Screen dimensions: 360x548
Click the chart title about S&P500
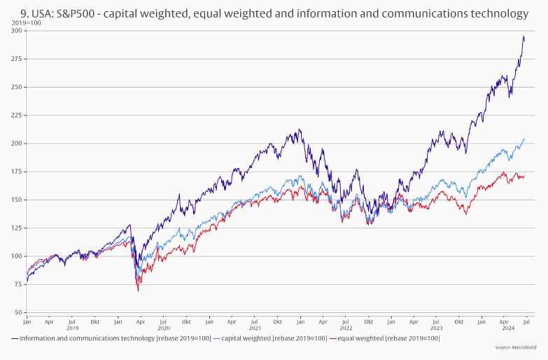click(x=274, y=13)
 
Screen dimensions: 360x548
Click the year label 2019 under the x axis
click(x=72, y=328)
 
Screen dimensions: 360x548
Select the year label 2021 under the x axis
click(x=255, y=328)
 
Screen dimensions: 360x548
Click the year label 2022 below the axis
click(x=346, y=328)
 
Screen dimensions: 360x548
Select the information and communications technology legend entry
click(x=112, y=338)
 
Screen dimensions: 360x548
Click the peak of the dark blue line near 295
click(x=524, y=36)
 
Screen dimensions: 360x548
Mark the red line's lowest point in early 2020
click(x=138, y=290)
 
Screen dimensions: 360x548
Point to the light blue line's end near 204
click(x=524, y=139)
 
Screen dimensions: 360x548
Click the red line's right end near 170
click(x=524, y=176)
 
